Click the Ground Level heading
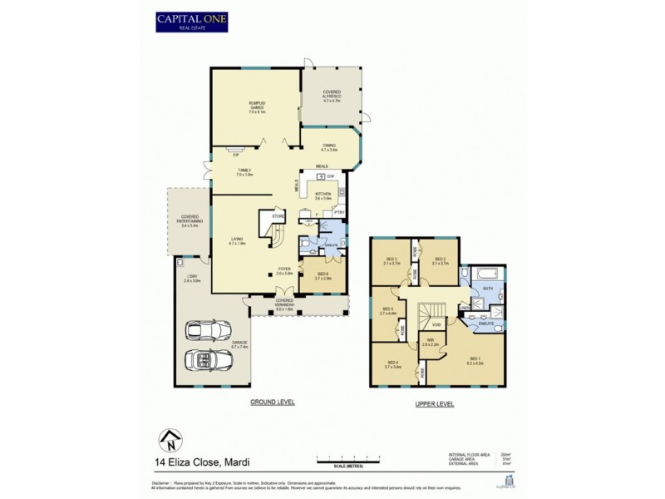coord(273,402)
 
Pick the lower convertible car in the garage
coord(208,359)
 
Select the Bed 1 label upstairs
coord(475,362)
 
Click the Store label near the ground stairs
coord(278,216)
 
